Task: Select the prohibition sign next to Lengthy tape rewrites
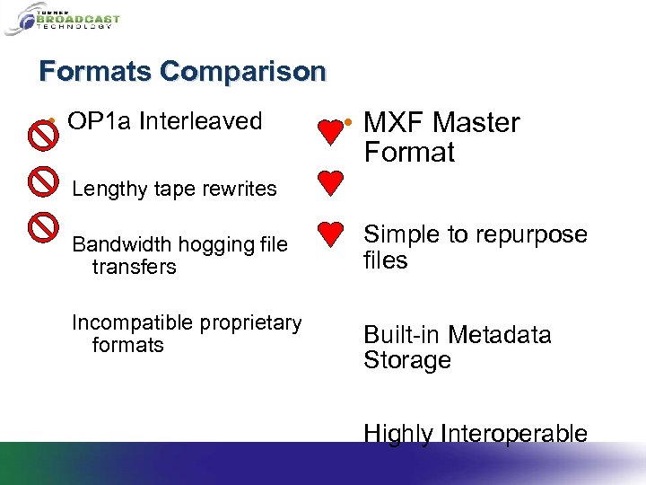click(42, 182)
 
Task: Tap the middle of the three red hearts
click(330, 183)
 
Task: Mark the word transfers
click(134, 267)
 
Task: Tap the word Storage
click(406, 360)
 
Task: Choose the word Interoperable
click(514, 435)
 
